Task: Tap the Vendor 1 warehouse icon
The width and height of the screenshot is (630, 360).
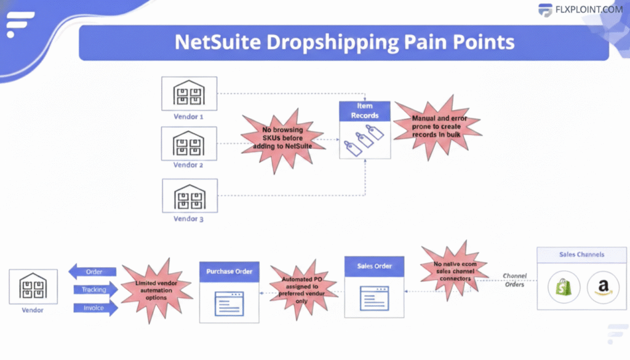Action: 189,93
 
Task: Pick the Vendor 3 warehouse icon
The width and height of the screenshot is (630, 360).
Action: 189,196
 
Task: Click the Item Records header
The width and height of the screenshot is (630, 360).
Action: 365,111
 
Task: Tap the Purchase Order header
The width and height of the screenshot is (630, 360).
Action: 229,271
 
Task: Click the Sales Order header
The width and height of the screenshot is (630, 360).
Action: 374,266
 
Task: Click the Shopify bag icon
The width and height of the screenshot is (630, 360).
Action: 564,287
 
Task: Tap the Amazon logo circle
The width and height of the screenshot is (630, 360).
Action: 603,287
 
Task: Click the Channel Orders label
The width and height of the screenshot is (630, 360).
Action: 514,279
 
